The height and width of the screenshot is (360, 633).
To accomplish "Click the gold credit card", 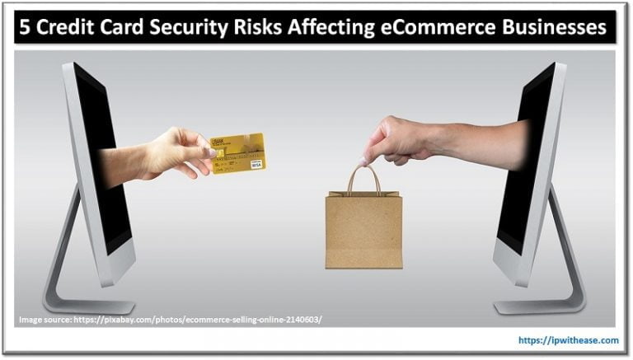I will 237,152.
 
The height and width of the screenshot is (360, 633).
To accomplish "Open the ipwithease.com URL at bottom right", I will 569,339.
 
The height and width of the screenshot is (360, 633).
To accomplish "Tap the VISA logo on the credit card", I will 256,164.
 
